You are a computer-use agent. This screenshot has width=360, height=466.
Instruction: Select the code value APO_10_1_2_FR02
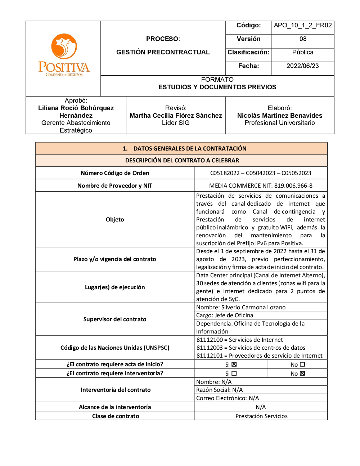[x=303, y=25]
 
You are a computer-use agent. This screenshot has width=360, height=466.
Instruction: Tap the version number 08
[x=303, y=39]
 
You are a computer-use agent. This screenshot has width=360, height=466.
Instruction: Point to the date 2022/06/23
[x=302, y=66]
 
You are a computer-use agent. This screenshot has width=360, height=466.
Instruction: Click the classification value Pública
[x=303, y=52]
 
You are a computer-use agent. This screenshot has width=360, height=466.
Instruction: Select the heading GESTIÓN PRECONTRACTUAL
[x=163, y=52]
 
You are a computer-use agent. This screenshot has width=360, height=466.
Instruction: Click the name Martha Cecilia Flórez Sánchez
[x=176, y=116]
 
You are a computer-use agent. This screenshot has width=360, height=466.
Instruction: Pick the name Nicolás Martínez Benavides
[x=280, y=116]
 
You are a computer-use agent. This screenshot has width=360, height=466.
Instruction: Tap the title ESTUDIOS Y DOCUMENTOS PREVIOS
[x=217, y=87]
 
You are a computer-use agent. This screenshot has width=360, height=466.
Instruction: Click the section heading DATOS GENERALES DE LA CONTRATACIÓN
[x=190, y=148]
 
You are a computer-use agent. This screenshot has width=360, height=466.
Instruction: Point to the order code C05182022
[x=225, y=173]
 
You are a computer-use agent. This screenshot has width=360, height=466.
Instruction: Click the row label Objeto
[x=115, y=220]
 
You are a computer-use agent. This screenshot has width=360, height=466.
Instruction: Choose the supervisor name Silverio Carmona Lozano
[x=253, y=308]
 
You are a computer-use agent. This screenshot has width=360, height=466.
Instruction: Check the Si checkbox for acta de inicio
[x=234, y=364]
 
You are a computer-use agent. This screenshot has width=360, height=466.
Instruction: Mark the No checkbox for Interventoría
[x=302, y=373]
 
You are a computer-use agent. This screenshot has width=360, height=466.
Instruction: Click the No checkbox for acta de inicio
[x=302, y=364]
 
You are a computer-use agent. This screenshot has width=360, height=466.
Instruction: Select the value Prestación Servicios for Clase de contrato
[x=261, y=416]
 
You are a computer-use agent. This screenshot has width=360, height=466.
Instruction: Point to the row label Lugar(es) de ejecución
[x=115, y=287]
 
